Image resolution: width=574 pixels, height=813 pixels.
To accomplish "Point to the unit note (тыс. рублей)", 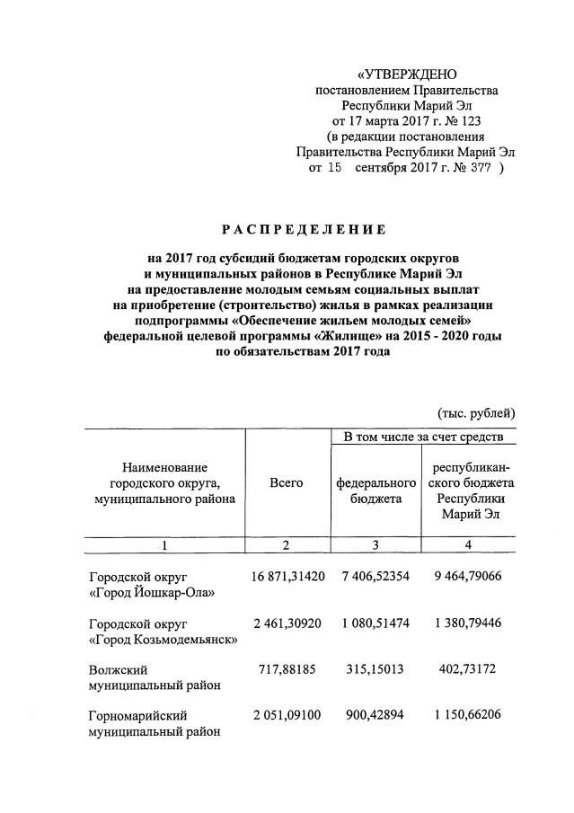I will coord(475,413).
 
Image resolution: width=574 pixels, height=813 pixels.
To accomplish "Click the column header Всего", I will coord(286,482).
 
